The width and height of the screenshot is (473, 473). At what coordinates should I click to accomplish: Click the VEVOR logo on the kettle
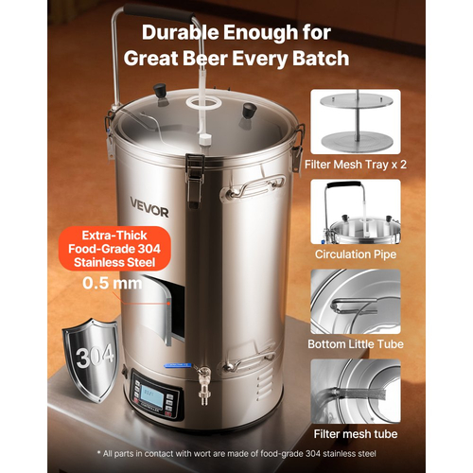point(149,207)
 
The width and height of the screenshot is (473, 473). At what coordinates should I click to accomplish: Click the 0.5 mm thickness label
point(113,283)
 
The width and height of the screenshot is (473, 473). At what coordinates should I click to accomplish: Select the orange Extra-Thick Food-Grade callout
point(114,249)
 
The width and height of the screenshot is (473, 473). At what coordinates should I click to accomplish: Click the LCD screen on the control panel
point(152,394)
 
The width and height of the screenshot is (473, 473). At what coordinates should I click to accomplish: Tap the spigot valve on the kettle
point(203,385)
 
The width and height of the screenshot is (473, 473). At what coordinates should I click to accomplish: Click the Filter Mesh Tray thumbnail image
point(356,121)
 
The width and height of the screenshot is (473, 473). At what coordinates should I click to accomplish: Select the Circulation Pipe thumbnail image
point(356,212)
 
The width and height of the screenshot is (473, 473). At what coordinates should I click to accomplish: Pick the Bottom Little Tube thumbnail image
point(356,302)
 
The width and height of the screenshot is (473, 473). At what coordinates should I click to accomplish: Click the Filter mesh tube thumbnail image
point(356,392)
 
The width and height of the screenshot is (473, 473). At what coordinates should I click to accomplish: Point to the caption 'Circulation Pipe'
point(356,254)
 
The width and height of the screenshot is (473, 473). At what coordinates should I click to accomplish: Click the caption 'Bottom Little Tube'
point(356,344)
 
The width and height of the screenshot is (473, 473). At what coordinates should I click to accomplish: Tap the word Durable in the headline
point(180,32)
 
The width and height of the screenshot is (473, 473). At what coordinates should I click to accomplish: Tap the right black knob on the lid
point(249,111)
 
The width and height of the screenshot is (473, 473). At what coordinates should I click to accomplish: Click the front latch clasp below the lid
point(194,180)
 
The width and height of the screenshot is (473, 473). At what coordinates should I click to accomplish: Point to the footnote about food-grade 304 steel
point(236,454)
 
